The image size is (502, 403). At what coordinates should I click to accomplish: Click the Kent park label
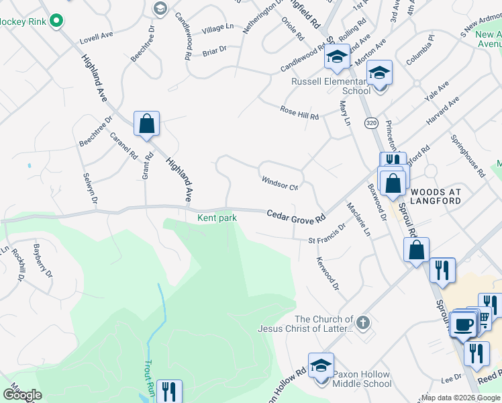[217, 218]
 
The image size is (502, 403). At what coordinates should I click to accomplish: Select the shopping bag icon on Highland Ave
[146, 124]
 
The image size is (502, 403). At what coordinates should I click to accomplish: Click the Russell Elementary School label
[330, 86]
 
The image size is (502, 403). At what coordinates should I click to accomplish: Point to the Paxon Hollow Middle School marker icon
[321, 365]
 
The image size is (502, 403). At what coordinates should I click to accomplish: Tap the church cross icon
[363, 323]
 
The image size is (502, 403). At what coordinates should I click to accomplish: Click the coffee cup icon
[464, 324]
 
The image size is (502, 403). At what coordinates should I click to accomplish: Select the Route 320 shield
[371, 123]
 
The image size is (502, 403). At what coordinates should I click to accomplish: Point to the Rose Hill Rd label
[299, 113]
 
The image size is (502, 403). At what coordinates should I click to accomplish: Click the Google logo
[22, 395]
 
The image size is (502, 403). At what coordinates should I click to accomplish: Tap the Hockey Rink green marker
[56, 21]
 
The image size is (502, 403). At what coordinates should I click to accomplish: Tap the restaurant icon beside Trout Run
[168, 392]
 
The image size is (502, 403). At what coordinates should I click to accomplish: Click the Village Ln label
[217, 28]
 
